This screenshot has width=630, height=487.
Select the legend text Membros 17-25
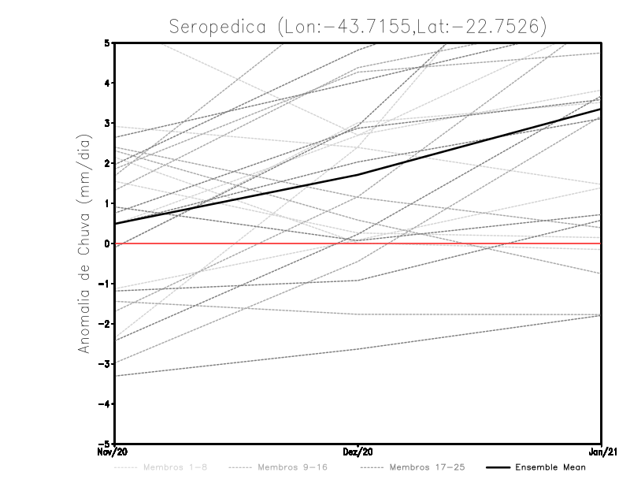coord(428,467)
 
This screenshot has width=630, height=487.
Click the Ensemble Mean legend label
coord(550,467)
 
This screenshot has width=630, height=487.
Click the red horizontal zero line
coord(472,243)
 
